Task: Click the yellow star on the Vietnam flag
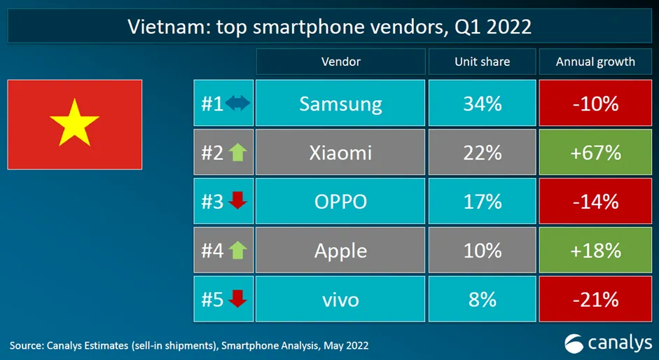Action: coord(74,123)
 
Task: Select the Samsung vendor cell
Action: coord(340,104)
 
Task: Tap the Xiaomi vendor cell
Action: coord(340,153)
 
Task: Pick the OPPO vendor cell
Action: coord(340,202)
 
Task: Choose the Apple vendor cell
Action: coord(340,250)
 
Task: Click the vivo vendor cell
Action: coord(340,300)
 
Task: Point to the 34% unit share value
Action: coord(482,104)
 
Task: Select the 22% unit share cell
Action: coord(482,153)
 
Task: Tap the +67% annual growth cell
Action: coord(595,153)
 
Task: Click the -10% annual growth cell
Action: coord(595,104)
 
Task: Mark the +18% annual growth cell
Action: coord(595,250)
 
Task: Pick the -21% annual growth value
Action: coord(595,300)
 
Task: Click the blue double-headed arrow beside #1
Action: coord(237,104)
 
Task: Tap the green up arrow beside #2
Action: coord(237,153)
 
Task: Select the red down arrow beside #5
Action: coord(237,299)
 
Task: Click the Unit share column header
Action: coord(482,62)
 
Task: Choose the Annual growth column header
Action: coord(595,62)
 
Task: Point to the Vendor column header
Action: coord(340,62)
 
